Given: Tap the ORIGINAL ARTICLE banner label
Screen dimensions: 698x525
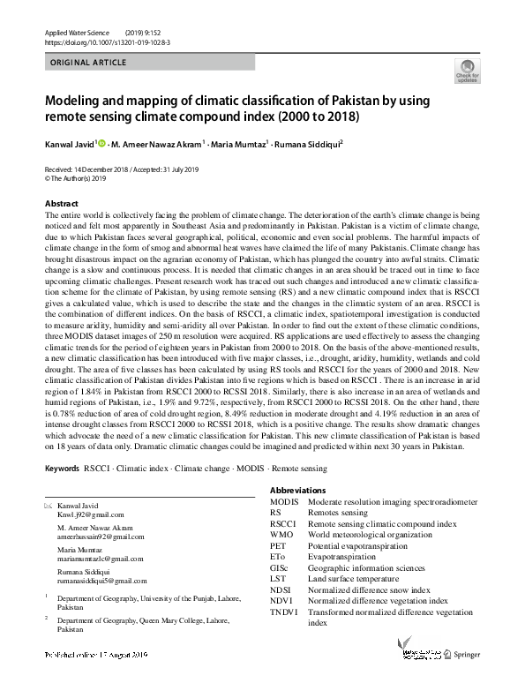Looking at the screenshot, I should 88,64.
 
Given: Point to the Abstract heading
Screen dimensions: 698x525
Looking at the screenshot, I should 61,204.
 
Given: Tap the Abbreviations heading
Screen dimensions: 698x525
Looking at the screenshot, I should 297,491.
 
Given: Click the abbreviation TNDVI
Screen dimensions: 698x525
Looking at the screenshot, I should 285,612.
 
